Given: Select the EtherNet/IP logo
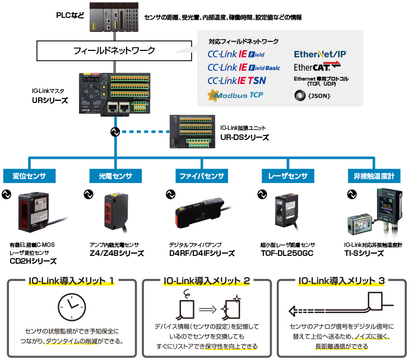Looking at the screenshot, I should point(320,54).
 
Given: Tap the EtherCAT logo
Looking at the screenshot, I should point(317,67).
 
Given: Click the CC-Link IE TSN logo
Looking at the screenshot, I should point(236,81).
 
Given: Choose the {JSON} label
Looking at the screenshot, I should point(317,96).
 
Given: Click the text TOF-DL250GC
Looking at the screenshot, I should point(287,253).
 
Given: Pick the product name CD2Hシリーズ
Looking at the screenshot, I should point(33,261).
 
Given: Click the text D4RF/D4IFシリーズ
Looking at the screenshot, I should point(202,253).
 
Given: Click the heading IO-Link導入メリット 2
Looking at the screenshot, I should point(206,280).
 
